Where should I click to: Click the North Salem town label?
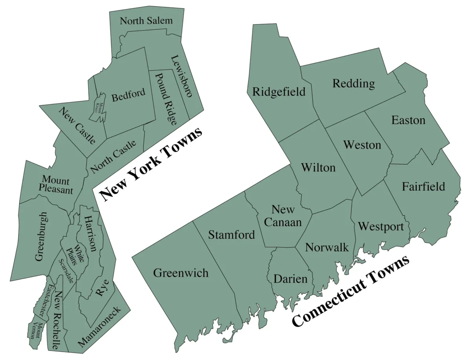coord(146,21)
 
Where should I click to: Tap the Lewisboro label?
coord(181,76)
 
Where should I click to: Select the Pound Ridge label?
coord(165,98)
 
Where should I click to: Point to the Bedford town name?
coord(128,95)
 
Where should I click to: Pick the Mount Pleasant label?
coord(56,185)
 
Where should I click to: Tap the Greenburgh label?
coord(41,236)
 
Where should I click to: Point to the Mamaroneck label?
coord(104,327)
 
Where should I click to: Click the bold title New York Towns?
coord(151,164)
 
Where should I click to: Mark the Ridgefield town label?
coord(279,92)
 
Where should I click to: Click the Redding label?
coord(354,84)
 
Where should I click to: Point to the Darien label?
coord(290,279)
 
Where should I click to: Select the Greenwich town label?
coord(181,273)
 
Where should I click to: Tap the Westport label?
coord(381,227)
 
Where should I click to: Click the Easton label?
coord(408,120)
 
